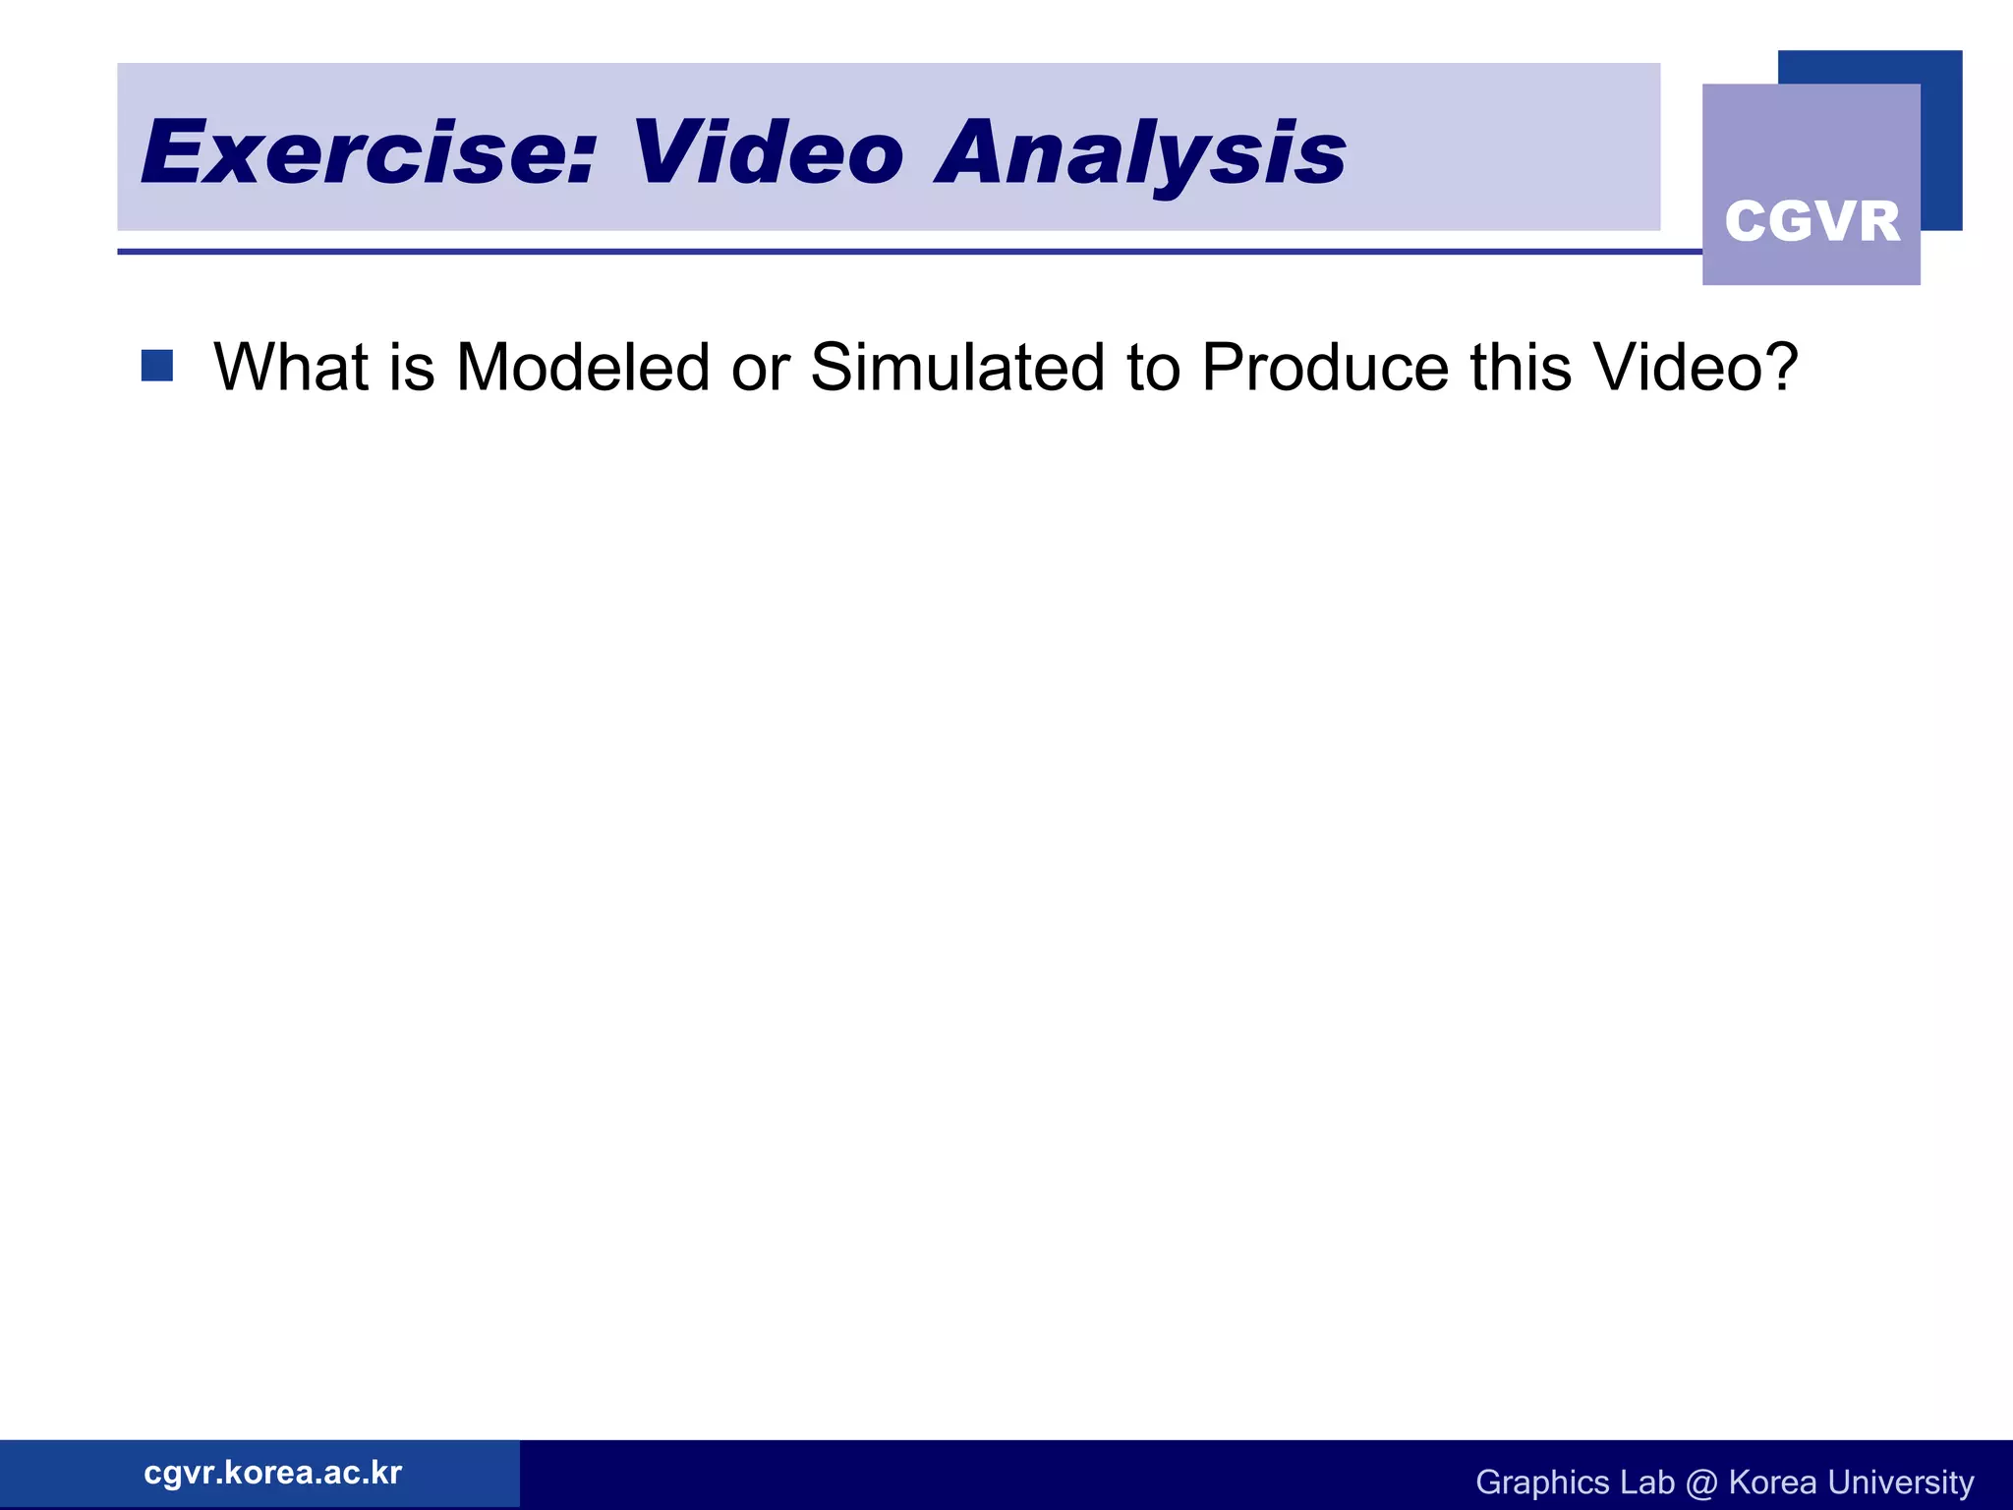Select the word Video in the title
pos(767,152)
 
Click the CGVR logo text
pos(1812,221)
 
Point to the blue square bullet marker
pos(157,366)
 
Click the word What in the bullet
pos(290,368)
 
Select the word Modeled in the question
pos(583,368)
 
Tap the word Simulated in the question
pos(958,368)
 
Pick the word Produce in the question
pos(1325,368)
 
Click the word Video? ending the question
pos(1696,368)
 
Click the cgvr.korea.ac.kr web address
pos(272,1473)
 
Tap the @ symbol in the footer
pos(1701,1482)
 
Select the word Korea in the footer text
pos(1771,1481)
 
